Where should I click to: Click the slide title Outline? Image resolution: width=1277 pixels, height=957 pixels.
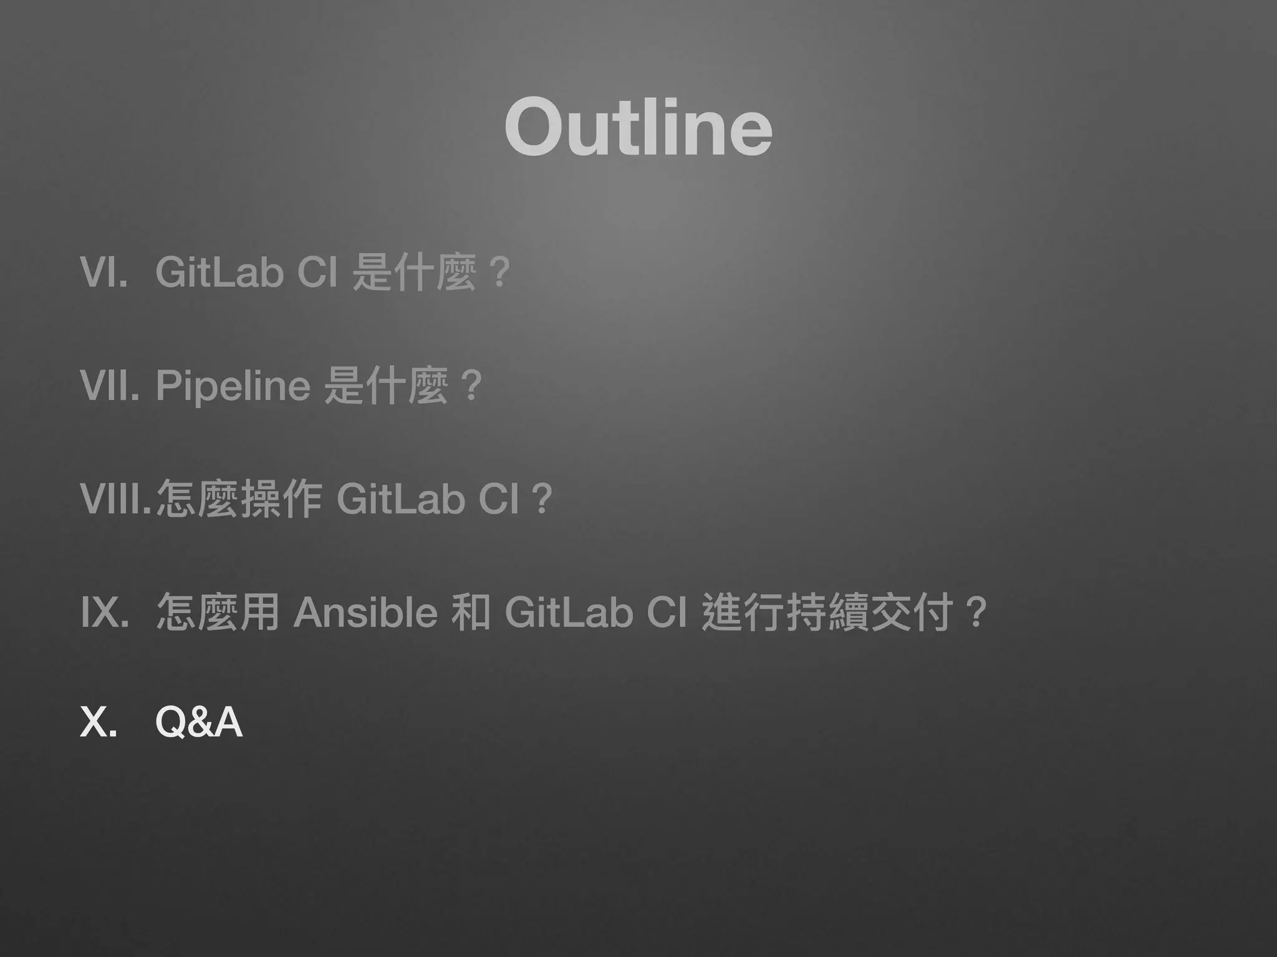tap(638, 128)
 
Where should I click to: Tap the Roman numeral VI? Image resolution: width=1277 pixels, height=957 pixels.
tap(104, 272)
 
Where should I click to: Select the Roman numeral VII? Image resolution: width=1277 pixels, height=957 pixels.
tap(109, 385)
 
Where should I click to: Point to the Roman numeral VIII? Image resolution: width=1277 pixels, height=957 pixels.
tap(116, 498)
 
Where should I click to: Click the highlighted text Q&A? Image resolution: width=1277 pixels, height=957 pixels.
tap(198, 723)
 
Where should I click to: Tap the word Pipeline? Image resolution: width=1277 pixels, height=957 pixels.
tap(233, 385)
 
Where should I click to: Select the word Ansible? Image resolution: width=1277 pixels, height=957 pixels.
tap(365, 612)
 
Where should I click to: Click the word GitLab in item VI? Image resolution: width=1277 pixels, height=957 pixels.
tap(219, 272)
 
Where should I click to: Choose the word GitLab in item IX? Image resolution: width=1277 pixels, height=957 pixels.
tap(569, 612)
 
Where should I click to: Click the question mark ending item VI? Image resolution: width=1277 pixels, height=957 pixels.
tap(499, 272)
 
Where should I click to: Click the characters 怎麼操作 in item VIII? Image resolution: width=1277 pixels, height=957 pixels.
tap(239, 498)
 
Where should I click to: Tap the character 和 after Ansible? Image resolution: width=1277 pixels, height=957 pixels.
tap(471, 612)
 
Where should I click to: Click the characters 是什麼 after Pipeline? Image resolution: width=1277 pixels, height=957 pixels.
tap(387, 385)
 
